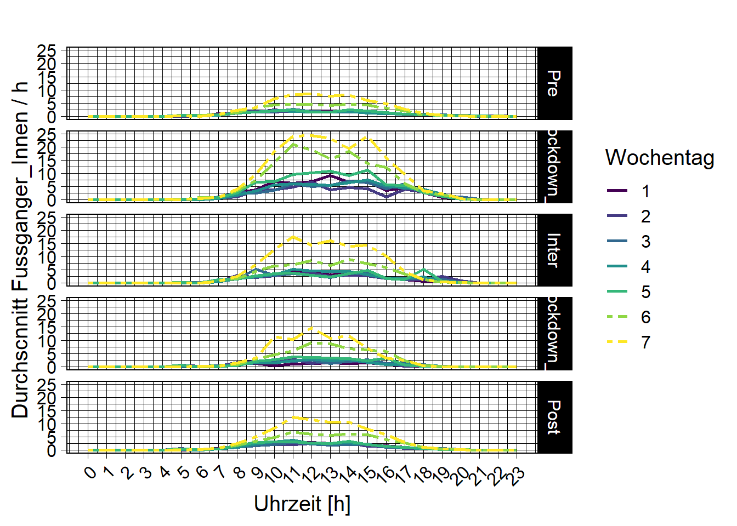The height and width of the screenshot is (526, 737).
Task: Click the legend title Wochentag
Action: pyautogui.click(x=659, y=158)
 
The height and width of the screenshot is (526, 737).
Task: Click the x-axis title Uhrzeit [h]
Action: pyautogui.click(x=302, y=504)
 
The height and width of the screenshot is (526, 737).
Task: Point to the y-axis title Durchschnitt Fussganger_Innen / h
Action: pyautogui.click(x=20, y=250)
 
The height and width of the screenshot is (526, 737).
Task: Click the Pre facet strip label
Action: pyautogui.click(x=554, y=83)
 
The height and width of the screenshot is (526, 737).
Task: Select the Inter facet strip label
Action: pyautogui.click(x=554, y=250)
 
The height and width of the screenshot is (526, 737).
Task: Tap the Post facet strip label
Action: pyautogui.click(x=554, y=417)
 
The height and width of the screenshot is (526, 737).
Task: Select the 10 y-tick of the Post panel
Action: pyautogui.click(x=47, y=424)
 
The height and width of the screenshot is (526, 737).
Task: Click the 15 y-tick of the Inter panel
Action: pyautogui.click(x=47, y=244)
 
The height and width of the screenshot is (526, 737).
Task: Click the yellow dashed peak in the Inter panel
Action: pyautogui.click(x=293, y=237)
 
